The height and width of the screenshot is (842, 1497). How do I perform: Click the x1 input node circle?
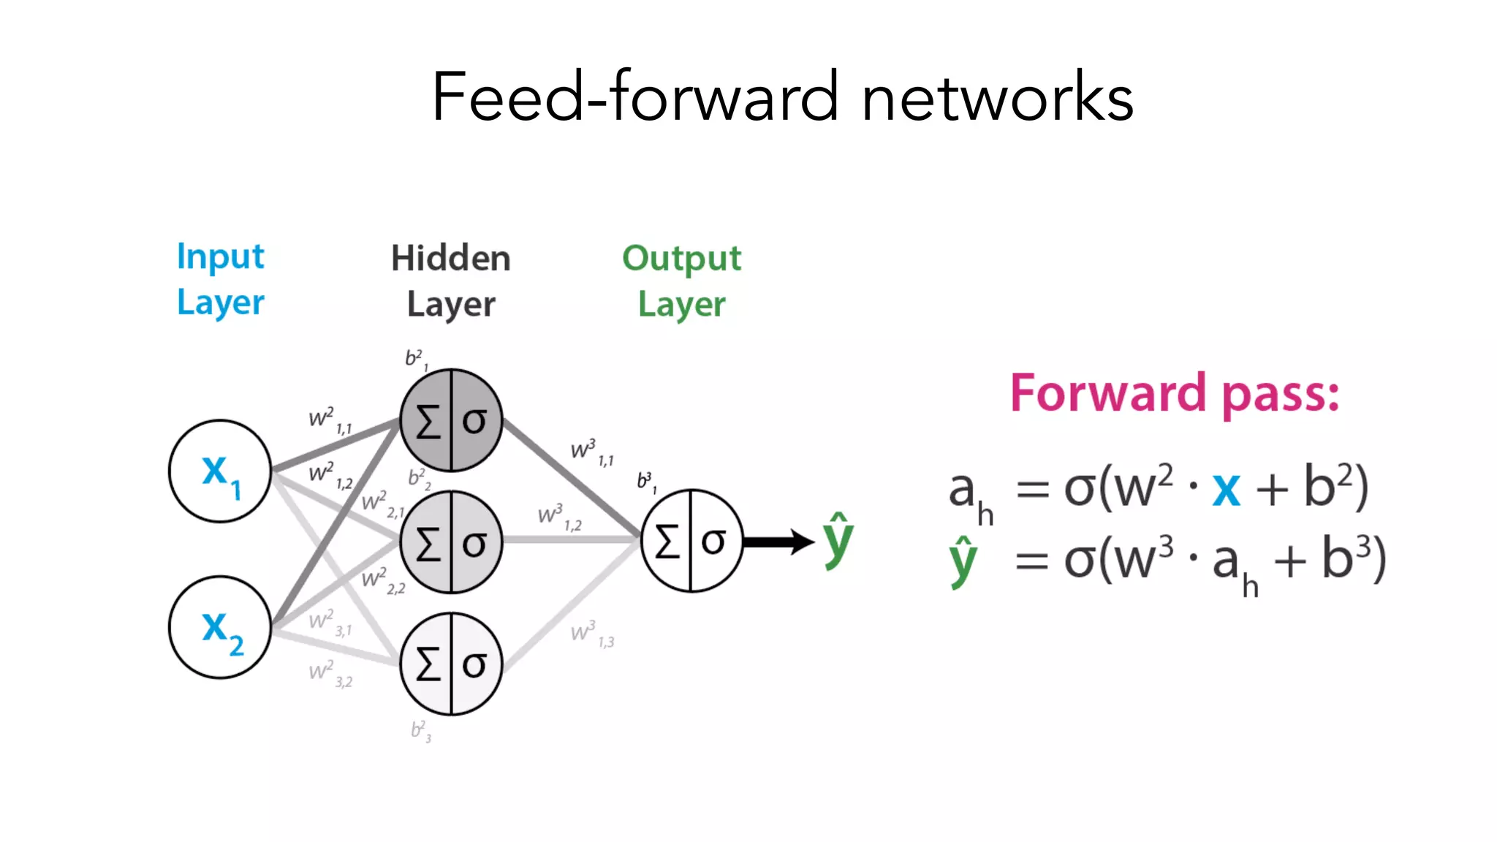(220, 471)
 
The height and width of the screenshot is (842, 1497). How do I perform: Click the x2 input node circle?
(220, 627)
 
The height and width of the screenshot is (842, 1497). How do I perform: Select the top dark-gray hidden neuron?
(451, 420)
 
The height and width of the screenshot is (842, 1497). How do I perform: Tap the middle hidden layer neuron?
(451, 542)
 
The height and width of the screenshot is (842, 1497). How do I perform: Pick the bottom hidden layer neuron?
(451, 664)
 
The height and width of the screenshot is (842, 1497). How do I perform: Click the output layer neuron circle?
(691, 541)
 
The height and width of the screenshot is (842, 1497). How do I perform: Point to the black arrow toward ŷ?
(778, 542)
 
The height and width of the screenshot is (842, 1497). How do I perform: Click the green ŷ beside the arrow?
(838, 541)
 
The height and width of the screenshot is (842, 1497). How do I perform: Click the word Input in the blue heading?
(220, 257)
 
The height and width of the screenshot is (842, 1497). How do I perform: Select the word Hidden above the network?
(450, 259)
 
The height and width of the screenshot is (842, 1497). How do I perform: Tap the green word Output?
(681, 259)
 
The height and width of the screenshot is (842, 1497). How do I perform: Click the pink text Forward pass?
(1174, 394)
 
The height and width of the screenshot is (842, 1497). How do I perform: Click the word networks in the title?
(997, 97)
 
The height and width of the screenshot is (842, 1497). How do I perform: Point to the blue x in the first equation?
(1226, 490)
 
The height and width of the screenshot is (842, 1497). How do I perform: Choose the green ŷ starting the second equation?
(963, 561)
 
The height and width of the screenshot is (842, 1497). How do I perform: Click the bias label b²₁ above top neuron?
(417, 360)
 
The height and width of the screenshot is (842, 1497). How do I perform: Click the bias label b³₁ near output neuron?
(646, 481)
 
